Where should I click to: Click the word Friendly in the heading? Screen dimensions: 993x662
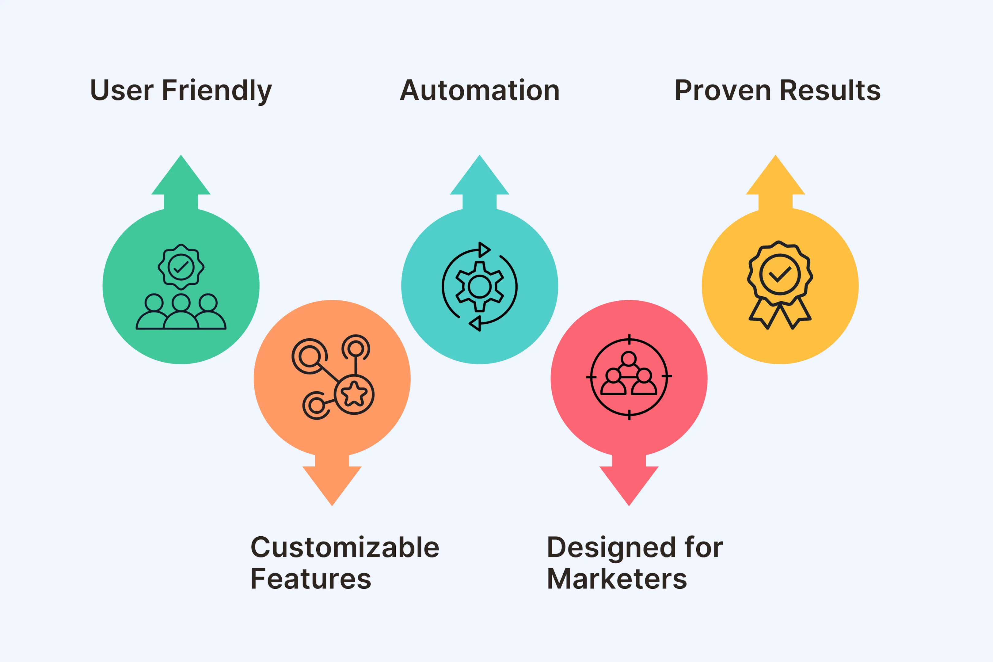click(x=217, y=91)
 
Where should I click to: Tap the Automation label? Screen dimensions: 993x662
click(x=480, y=90)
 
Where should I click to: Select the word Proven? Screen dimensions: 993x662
click(x=723, y=90)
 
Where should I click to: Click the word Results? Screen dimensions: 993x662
click(x=830, y=90)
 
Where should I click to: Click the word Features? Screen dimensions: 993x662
click(x=311, y=579)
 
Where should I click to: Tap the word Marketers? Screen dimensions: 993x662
click(x=617, y=579)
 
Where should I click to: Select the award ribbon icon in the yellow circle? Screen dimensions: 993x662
click(x=780, y=285)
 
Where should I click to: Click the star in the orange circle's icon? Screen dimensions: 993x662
click(x=354, y=394)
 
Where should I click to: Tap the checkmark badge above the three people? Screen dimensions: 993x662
click(x=181, y=267)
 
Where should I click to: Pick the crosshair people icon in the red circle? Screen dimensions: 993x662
click(x=629, y=377)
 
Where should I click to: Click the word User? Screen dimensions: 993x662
click(x=122, y=90)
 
